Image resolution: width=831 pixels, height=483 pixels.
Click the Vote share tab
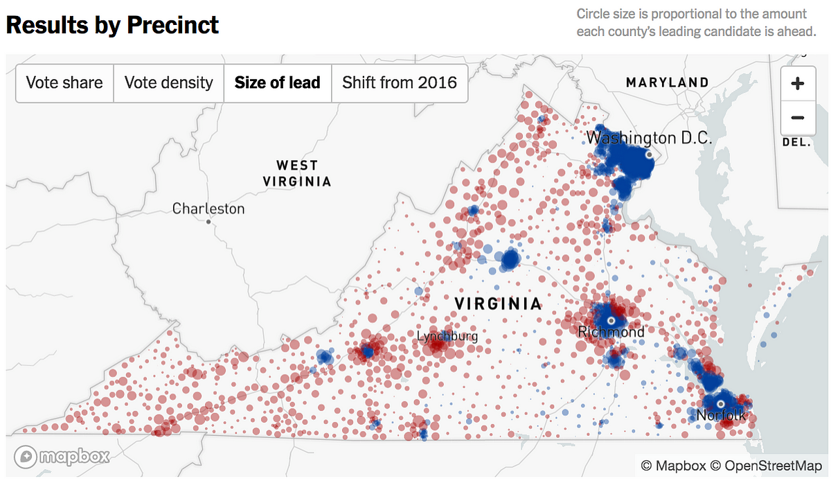point(64,83)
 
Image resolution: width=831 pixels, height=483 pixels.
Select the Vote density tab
point(168,83)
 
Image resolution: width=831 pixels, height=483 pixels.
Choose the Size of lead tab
point(277,83)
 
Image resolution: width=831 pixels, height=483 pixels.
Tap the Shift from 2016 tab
point(400,83)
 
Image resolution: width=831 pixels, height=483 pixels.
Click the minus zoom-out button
point(797,118)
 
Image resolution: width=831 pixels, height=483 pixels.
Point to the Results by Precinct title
point(112,25)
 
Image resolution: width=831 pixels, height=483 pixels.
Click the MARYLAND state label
point(667,82)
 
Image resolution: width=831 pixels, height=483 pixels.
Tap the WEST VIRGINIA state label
point(297,173)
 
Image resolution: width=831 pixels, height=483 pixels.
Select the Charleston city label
point(208,208)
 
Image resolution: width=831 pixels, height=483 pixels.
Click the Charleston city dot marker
point(208,222)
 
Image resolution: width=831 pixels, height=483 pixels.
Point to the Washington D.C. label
point(649,138)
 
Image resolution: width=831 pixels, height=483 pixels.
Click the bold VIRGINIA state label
point(498,304)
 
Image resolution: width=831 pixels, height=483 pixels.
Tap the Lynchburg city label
point(447,336)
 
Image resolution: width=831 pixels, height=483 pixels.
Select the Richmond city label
point(611,332)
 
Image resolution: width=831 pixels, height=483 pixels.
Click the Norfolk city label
point(721,416)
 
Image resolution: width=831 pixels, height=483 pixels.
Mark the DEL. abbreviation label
point(797,141)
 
